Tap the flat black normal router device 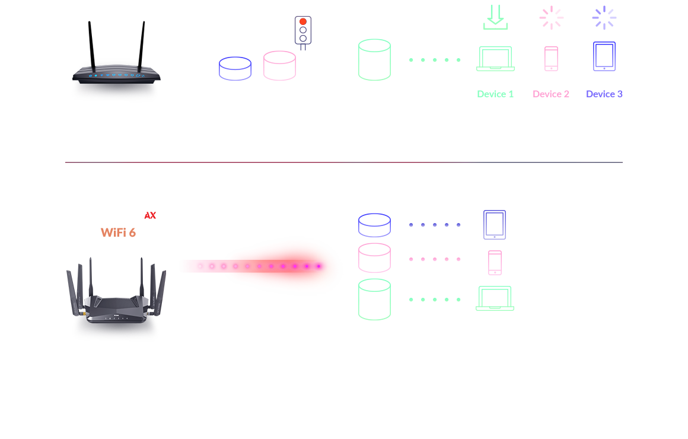[x=116, y=77]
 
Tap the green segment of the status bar [x=505, y=94]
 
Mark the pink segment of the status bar [x=559, y=94]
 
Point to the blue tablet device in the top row [x=604, y=58]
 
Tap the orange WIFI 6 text [x=118, y=232]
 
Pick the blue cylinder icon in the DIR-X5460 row [x=374, y=225]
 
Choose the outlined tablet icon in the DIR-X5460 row [x=495, y=224]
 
